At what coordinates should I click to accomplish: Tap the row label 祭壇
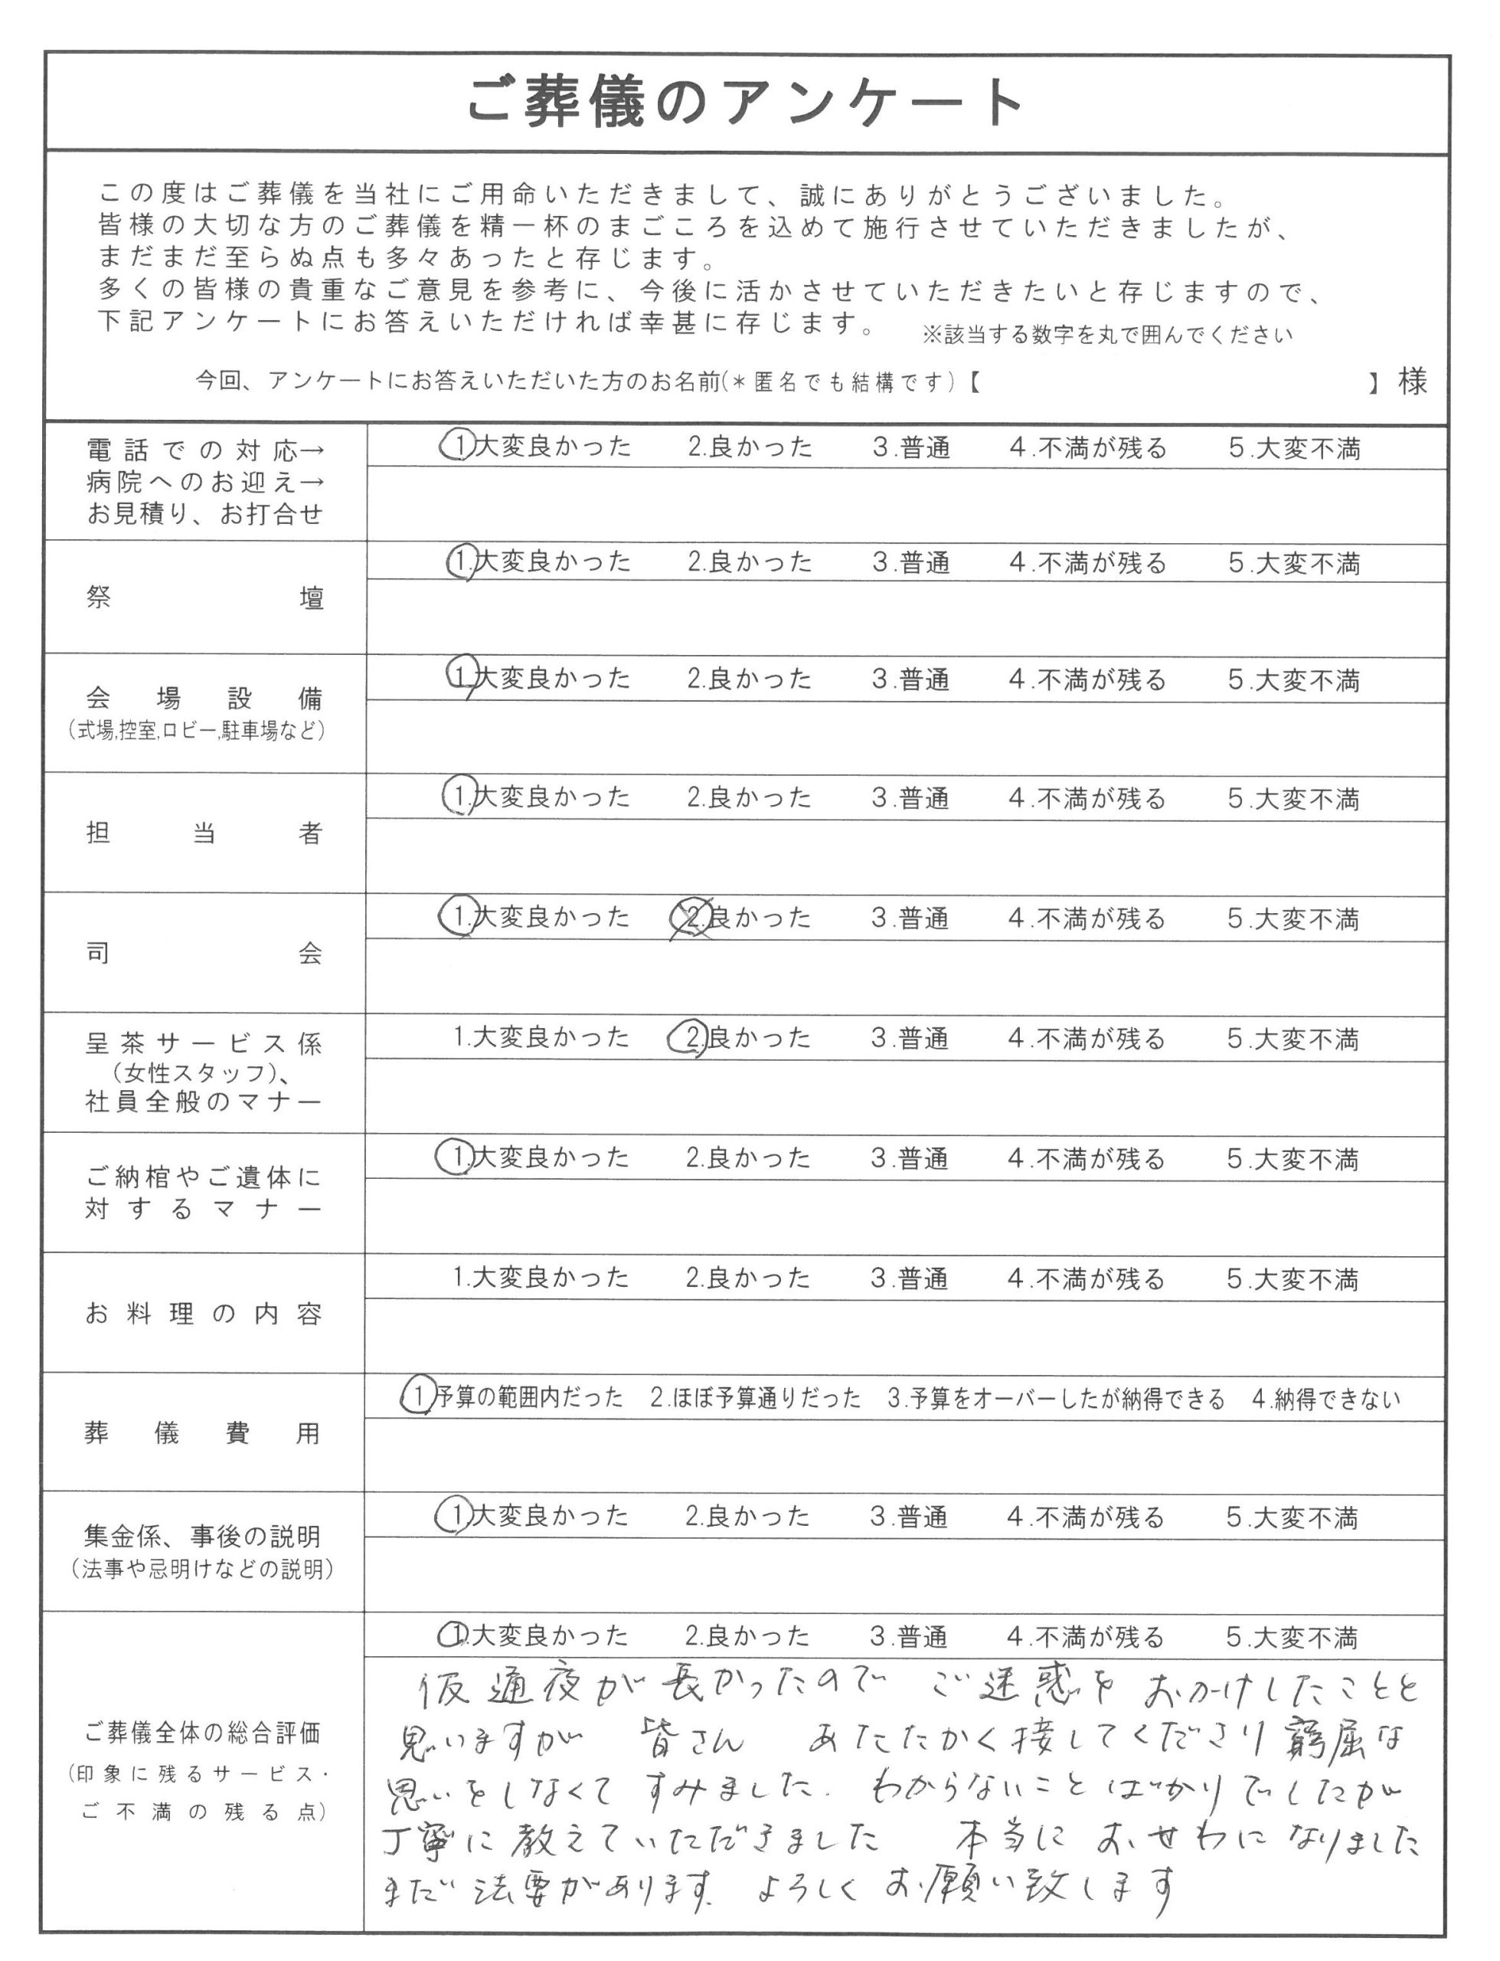pyautogui.click(x=204, y=597)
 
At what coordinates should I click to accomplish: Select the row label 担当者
pyautogui.click(x=204, y=833)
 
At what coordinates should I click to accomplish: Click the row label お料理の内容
pyautogui.click(x=204, y=1314)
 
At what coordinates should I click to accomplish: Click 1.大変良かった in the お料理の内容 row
pyautogui.click(x=541, y=1278)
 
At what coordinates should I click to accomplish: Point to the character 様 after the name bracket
pyautogui.click(x=1413, y=382)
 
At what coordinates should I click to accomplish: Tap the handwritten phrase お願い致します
pyautogui.click(x=1027, y=1885)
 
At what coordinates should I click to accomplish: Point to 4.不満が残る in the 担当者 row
pyautogui.click(x=1087, y=798)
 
